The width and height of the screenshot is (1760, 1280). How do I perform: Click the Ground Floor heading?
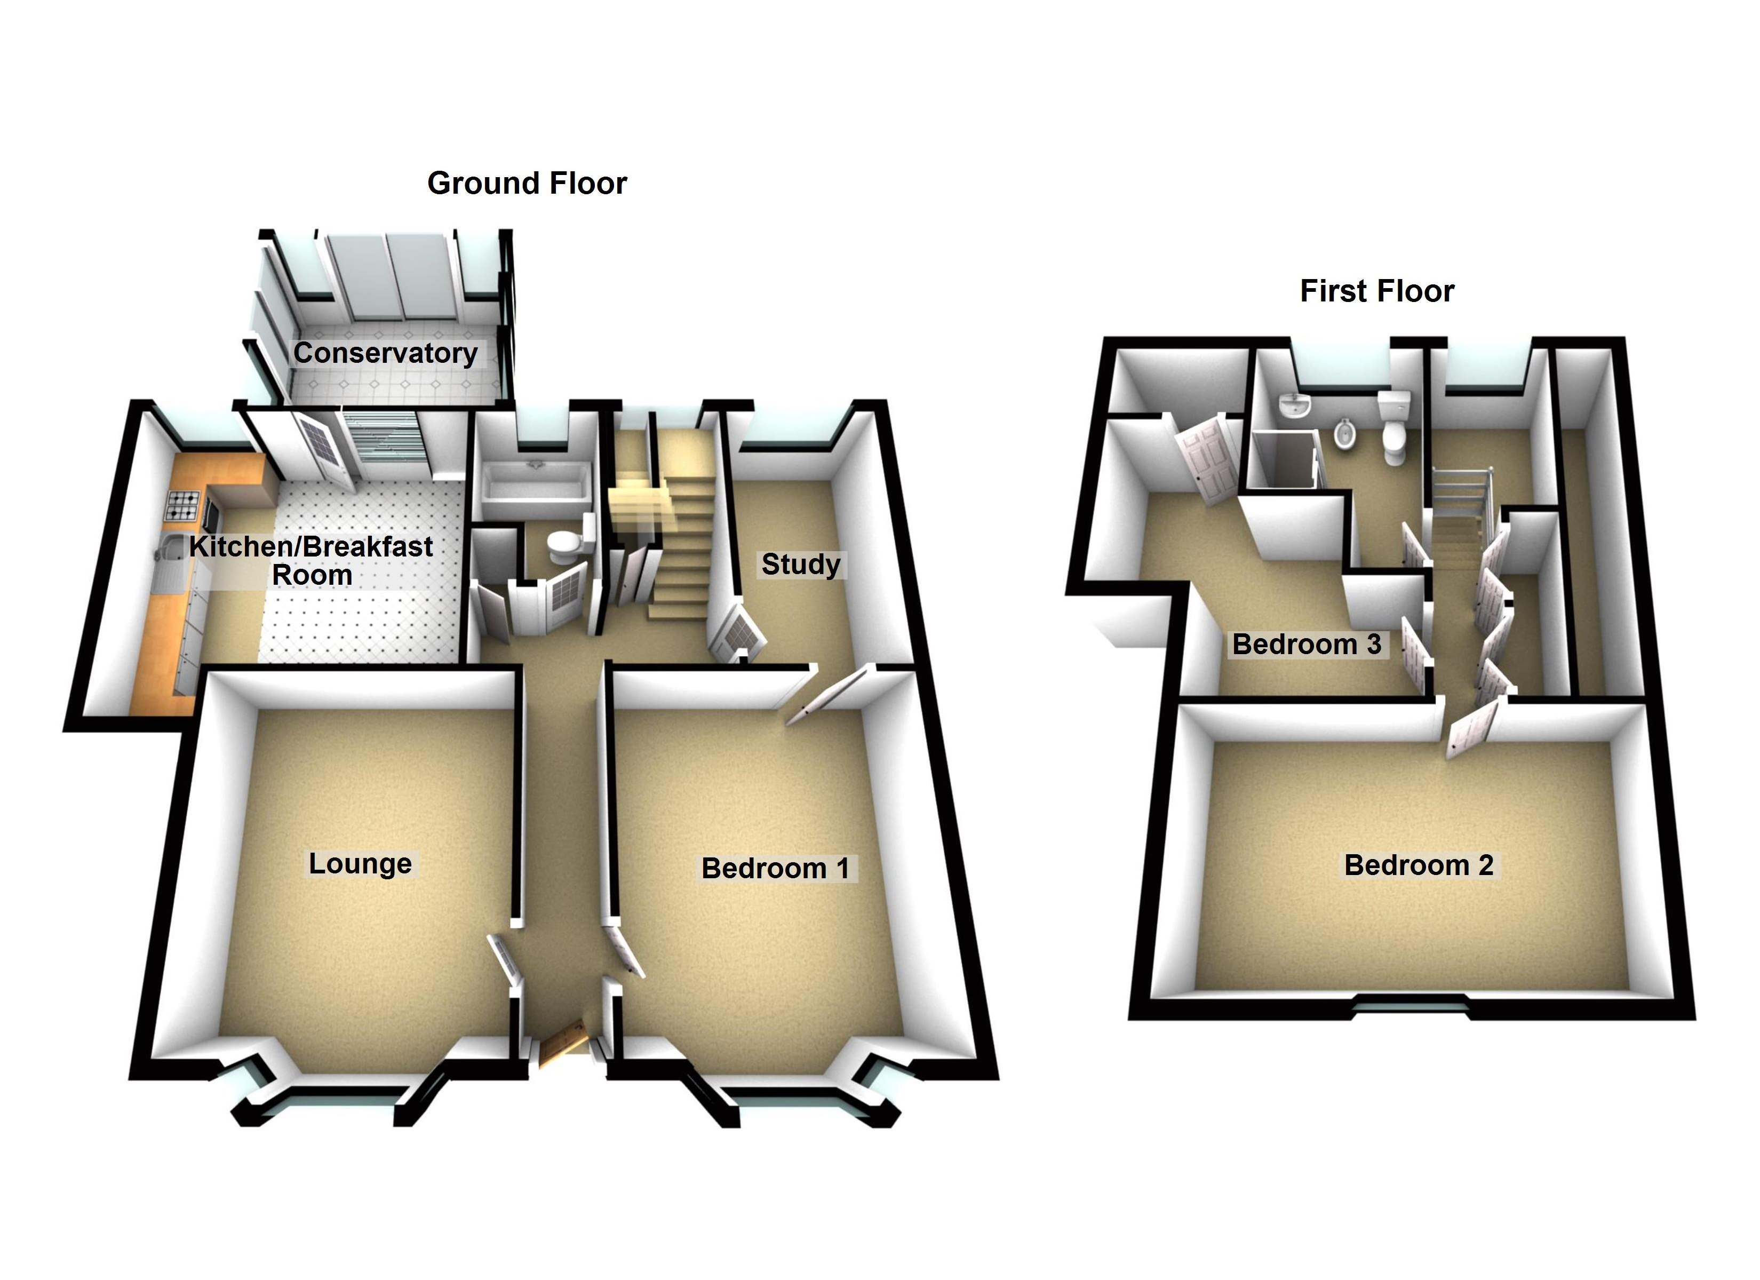click(527, 183)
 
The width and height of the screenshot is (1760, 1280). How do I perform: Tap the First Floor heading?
click(1376, 291)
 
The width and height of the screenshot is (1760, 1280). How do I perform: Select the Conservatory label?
click(385, 353)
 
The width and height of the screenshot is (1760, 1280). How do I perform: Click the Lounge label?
click(360, 863)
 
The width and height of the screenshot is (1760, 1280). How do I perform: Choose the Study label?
click(801, 565)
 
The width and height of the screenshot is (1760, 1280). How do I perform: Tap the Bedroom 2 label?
click(1419, 865)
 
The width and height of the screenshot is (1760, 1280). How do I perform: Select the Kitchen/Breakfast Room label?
click(311, 560)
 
